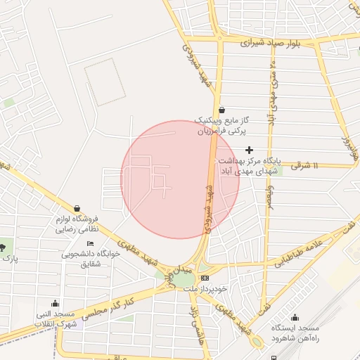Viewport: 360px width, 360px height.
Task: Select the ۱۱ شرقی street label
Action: tap(304, 165)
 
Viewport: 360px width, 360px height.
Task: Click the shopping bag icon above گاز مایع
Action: tap(222, 110)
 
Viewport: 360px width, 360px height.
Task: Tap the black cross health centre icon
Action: tap(249, 150)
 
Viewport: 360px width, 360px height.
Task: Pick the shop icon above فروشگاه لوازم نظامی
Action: tap(77, 208)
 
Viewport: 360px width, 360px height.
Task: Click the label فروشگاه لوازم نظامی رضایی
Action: tap(79, 224)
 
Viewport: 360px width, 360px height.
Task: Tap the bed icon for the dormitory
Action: tap(89, 243)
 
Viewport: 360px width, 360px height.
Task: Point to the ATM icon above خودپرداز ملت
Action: tap(205, 278)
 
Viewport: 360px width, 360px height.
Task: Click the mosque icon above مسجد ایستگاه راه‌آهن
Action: tap(295, 317)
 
